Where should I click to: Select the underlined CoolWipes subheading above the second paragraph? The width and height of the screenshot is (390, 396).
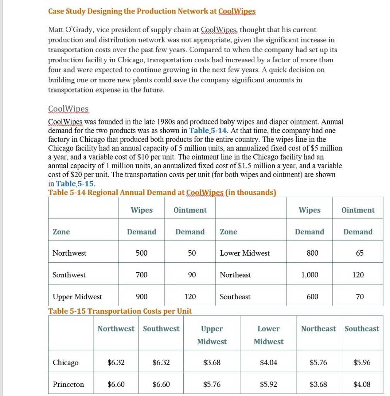(68, 109)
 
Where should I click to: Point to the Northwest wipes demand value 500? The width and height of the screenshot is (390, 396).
(141, 253)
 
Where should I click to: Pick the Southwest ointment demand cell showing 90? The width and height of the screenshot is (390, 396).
(192, 275)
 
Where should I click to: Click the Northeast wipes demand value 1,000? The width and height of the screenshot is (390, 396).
(310, 275)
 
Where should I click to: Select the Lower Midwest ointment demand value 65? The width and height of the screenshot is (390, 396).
(359, 253)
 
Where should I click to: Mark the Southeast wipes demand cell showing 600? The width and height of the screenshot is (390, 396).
(312, 297)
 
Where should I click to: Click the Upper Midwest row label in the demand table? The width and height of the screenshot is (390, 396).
(77, 297)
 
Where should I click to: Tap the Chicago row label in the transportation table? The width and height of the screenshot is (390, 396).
(65, 363)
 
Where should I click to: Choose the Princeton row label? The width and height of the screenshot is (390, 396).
(68, 384)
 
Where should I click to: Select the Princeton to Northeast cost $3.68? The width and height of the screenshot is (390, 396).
(318, 384)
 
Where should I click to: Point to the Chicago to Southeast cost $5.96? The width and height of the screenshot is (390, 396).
(362, 363)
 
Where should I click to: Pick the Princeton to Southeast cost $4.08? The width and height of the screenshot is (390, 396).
(362, 384)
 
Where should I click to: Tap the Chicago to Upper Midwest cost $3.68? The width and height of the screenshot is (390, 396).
(212, 363)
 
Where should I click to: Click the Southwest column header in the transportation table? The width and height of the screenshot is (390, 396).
(161, 329)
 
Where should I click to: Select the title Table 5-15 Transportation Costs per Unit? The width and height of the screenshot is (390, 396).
(120, 311)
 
